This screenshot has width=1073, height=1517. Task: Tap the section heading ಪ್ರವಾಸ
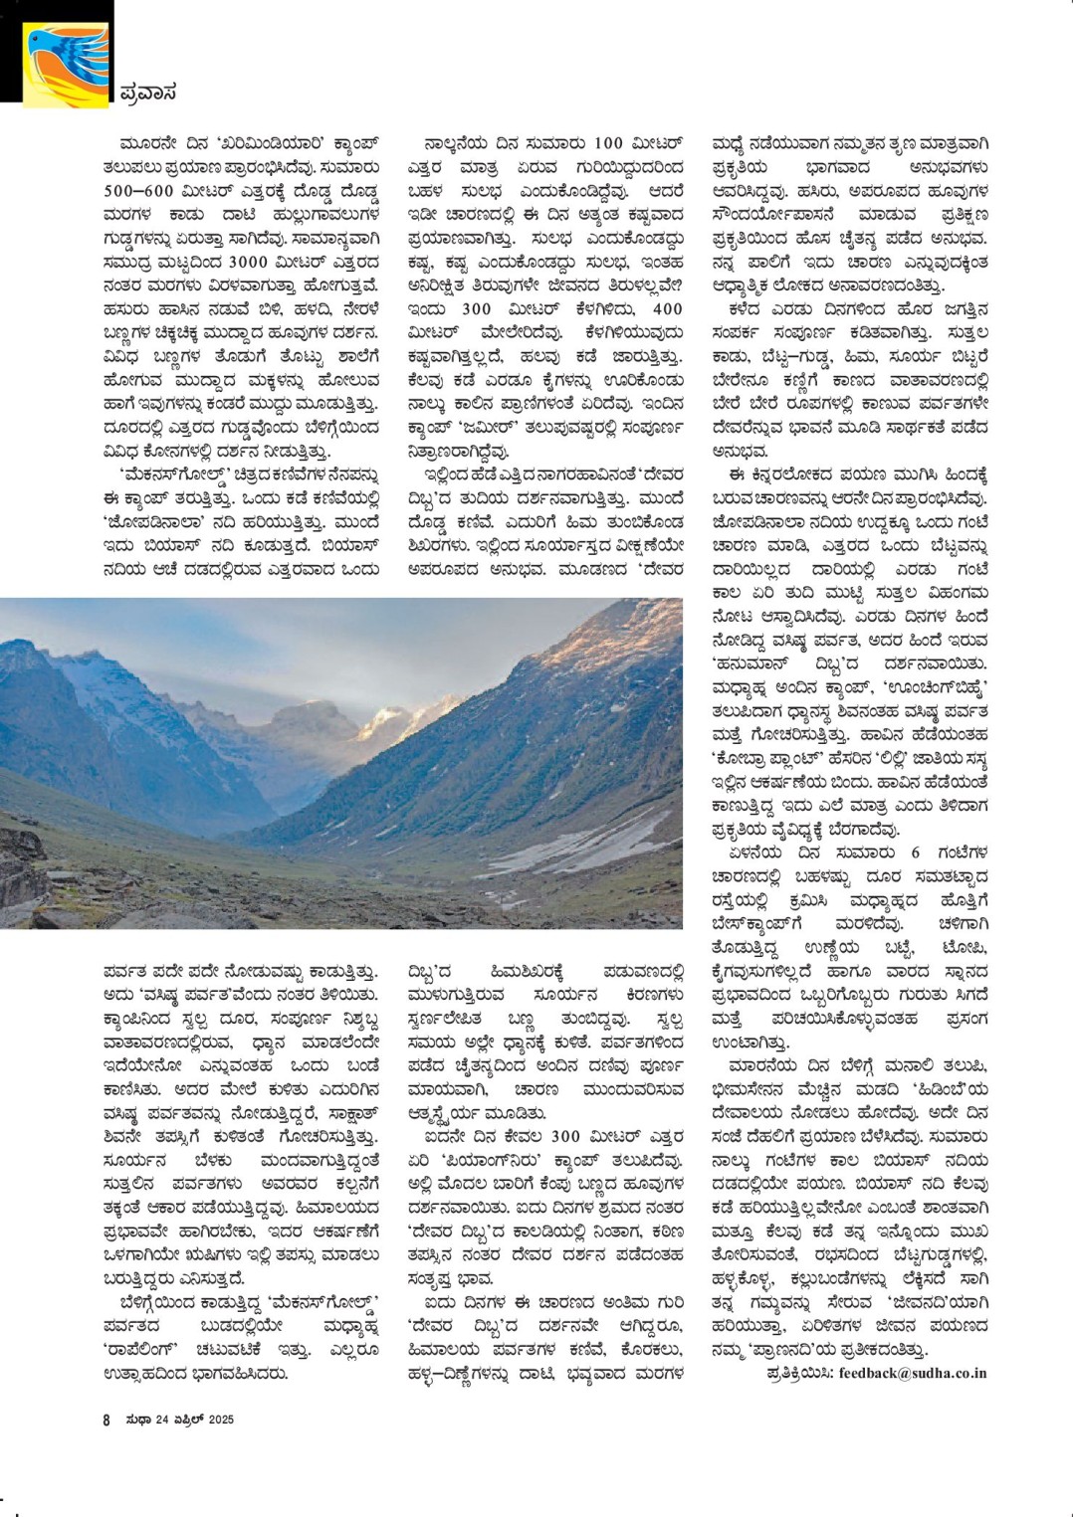point(147,93)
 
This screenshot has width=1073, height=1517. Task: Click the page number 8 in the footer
point(107,1420)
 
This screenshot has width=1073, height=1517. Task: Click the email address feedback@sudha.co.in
point(913,1373)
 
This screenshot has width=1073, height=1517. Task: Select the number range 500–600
point(138,190)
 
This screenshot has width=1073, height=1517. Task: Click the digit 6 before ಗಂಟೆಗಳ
point(915,853)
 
